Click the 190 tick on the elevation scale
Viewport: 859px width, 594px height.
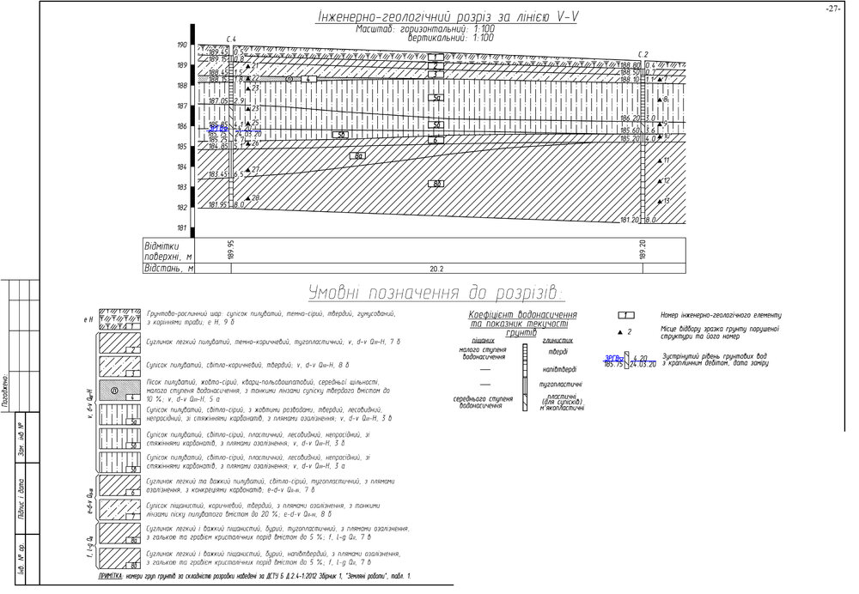[182, 45]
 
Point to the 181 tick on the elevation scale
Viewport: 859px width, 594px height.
[182, 228]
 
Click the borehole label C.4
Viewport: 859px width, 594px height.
[231, 39]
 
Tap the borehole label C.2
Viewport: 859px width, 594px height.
[643, 54]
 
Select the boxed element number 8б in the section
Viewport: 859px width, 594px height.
[437, 184]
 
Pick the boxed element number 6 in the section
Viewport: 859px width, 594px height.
[437, 139]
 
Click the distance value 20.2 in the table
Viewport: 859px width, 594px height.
[436, 268]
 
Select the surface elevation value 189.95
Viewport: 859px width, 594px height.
[231, 249]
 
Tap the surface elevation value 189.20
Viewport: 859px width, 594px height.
[643, 249]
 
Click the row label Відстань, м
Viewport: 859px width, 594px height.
[169, 268]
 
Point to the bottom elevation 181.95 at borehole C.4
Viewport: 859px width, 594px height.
[218, 205]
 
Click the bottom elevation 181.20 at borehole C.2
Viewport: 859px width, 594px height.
[631, 220]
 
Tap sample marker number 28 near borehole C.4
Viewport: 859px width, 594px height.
[253, 198]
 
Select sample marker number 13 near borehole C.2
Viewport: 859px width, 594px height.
[665, 201]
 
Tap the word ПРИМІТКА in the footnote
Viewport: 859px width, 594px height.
[117, 577]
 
